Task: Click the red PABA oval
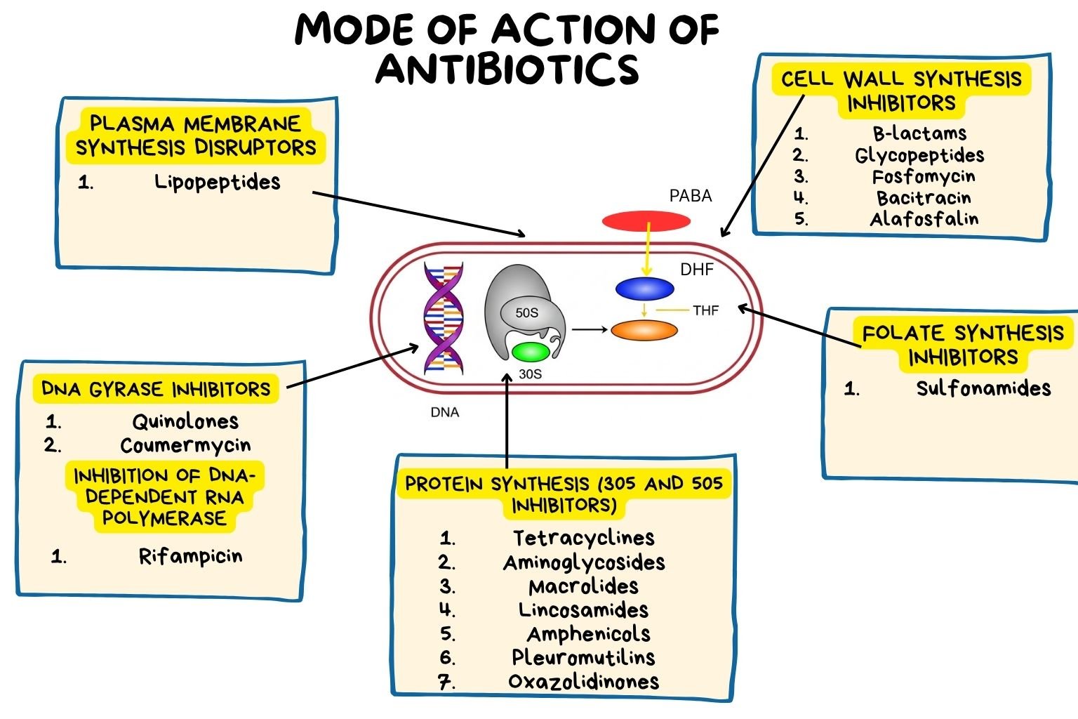[646, 222]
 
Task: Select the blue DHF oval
[644, 289]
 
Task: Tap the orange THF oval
[644, 330]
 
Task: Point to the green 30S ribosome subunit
[531, 352]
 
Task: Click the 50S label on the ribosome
[526, 312]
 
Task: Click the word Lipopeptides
[217, 183]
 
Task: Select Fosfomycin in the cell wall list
[924, 177]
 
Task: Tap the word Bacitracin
[924, 198]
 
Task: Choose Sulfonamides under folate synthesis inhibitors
[983, 388]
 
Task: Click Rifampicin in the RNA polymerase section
[190, 557]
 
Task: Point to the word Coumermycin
[185, 446]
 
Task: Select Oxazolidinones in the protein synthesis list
[584, 682]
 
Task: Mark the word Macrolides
[584, 586]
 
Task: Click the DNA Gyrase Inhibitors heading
[156, 389]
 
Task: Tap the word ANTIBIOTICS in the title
[507, 69]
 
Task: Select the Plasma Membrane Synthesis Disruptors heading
[197, 136]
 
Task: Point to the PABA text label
[691, 196]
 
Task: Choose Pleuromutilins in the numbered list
[584, 658]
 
